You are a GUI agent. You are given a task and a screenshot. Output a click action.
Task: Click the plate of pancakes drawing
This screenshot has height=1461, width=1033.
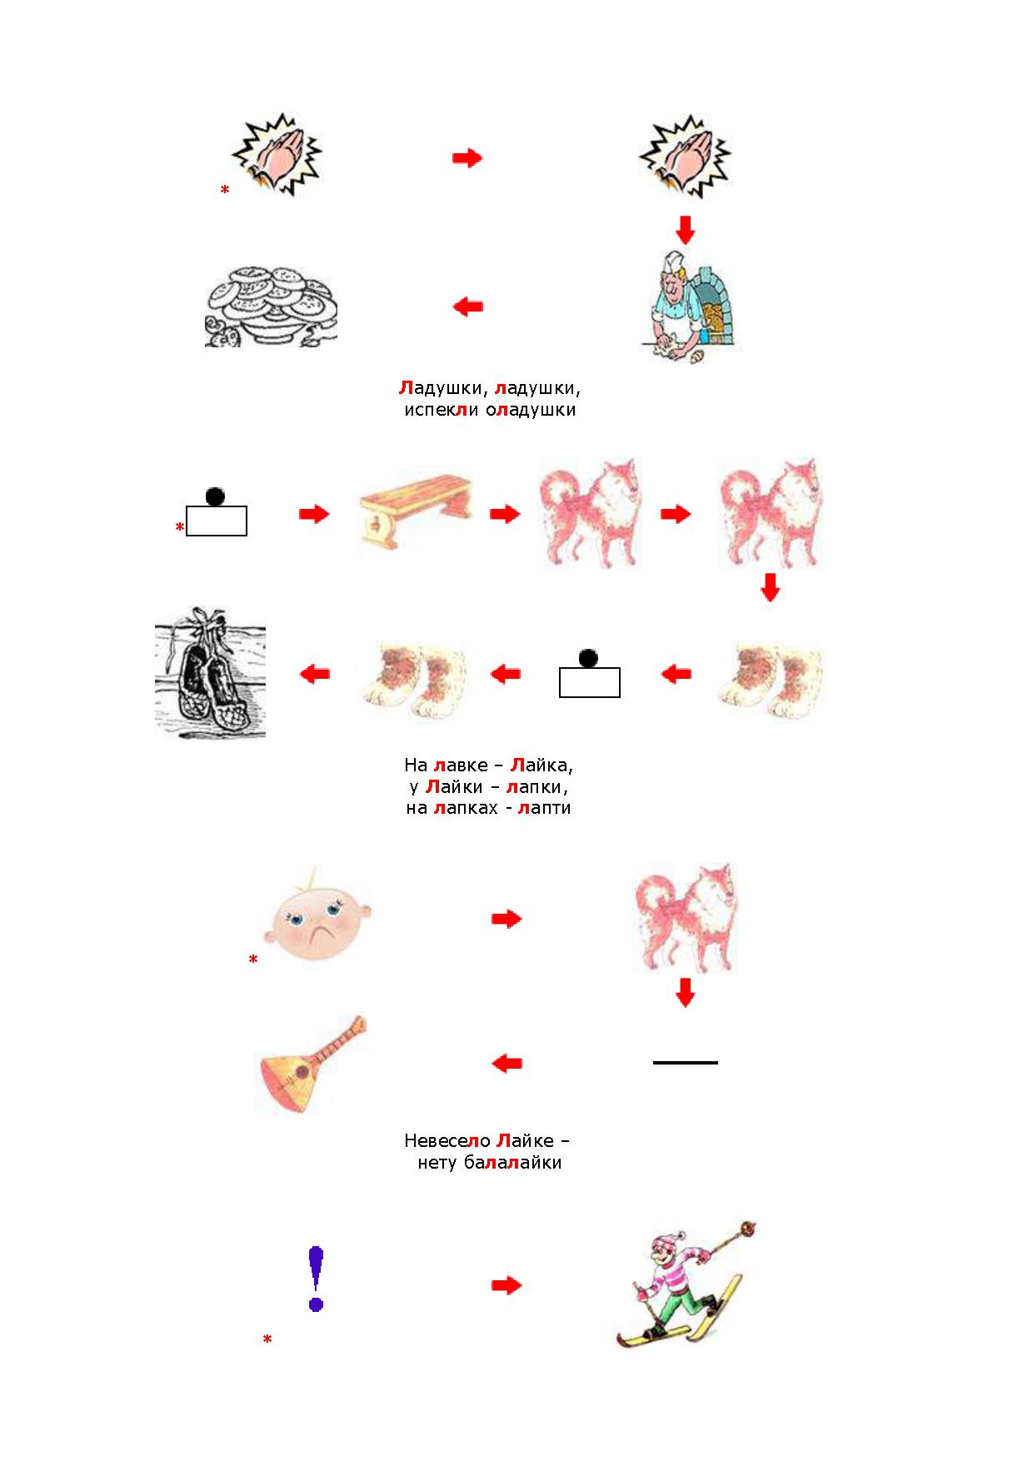coord(272,306)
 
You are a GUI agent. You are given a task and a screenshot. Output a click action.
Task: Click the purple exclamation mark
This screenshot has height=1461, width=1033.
coord(316,1279)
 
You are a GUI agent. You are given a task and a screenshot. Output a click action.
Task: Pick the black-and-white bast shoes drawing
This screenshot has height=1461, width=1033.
coord(210,671)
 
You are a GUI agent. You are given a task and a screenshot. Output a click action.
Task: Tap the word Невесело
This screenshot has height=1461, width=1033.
coord(447,1140)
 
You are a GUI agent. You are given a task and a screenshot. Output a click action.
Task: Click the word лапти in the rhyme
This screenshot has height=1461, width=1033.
coord(544,808)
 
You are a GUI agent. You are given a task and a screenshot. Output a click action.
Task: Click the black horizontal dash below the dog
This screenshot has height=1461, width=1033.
coord(686,1063)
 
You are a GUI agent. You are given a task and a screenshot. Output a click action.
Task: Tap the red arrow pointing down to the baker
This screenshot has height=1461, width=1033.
coord(685,230)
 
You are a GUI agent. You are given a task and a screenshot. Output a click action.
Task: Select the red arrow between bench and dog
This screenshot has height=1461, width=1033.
coord(505,514)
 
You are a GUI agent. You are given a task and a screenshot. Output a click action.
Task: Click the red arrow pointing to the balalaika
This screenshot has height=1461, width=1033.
coord(507,1063)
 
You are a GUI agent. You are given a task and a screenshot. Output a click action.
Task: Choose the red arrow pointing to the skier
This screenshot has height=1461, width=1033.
coord(507,1285)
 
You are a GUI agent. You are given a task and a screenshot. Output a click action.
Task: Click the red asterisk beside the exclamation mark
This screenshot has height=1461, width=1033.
coord(267,1340)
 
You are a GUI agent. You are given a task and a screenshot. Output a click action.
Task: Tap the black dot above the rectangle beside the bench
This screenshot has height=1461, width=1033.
coord(215,496)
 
